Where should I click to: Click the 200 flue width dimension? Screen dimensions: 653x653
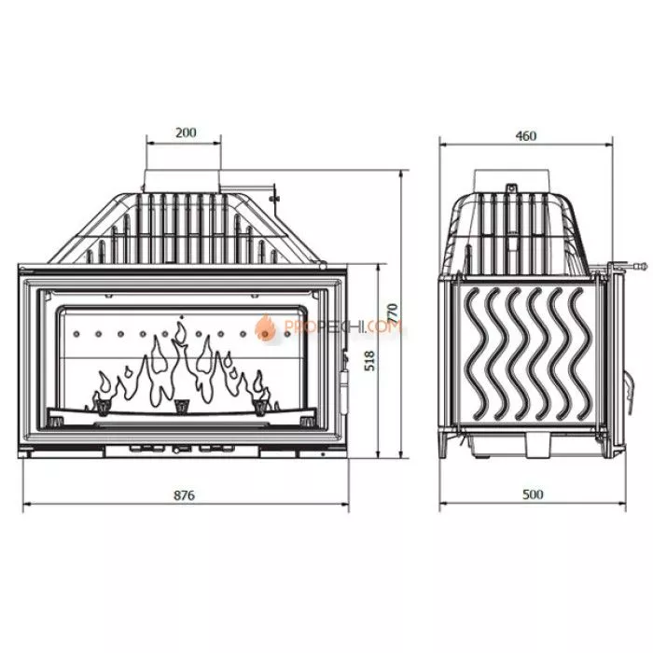(186, 132)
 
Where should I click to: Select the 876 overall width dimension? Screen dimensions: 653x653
(185, 495)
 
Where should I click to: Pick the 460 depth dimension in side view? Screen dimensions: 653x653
(525, 135)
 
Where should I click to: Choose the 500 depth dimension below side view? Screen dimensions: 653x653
(533, 495)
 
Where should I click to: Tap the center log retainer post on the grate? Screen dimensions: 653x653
(181, 404)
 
